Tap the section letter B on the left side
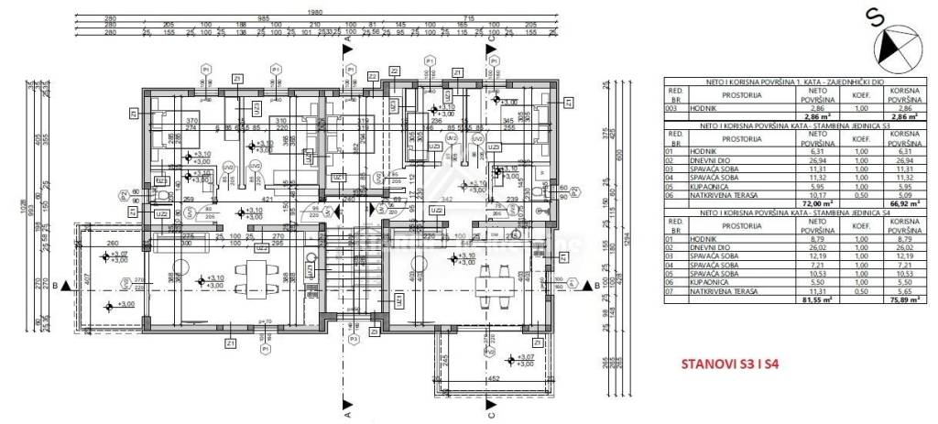pyautogui.click(x=56, y=286)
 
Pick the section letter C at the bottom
pyautogui.click(x=492, y=413)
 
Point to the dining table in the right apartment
pyautogui.click(x=499, y=277)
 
